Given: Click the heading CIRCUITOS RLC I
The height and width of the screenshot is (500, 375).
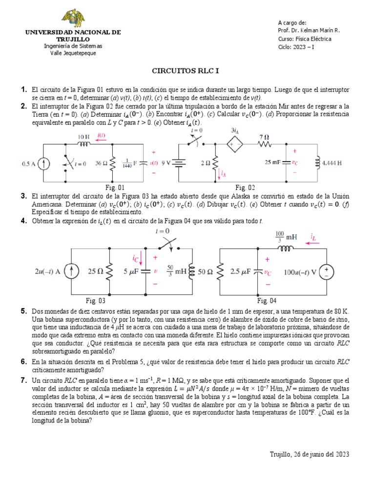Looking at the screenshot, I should (x=186, y=71).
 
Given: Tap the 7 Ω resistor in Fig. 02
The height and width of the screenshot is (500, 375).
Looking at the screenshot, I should (x=265, y=145).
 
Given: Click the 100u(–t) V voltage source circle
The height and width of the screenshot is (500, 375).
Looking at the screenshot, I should (x=325, y=271).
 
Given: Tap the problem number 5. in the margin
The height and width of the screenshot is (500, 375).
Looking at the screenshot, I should (x=23, y=312).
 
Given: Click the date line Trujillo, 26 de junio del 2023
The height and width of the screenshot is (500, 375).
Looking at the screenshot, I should (x=310, y=454).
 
